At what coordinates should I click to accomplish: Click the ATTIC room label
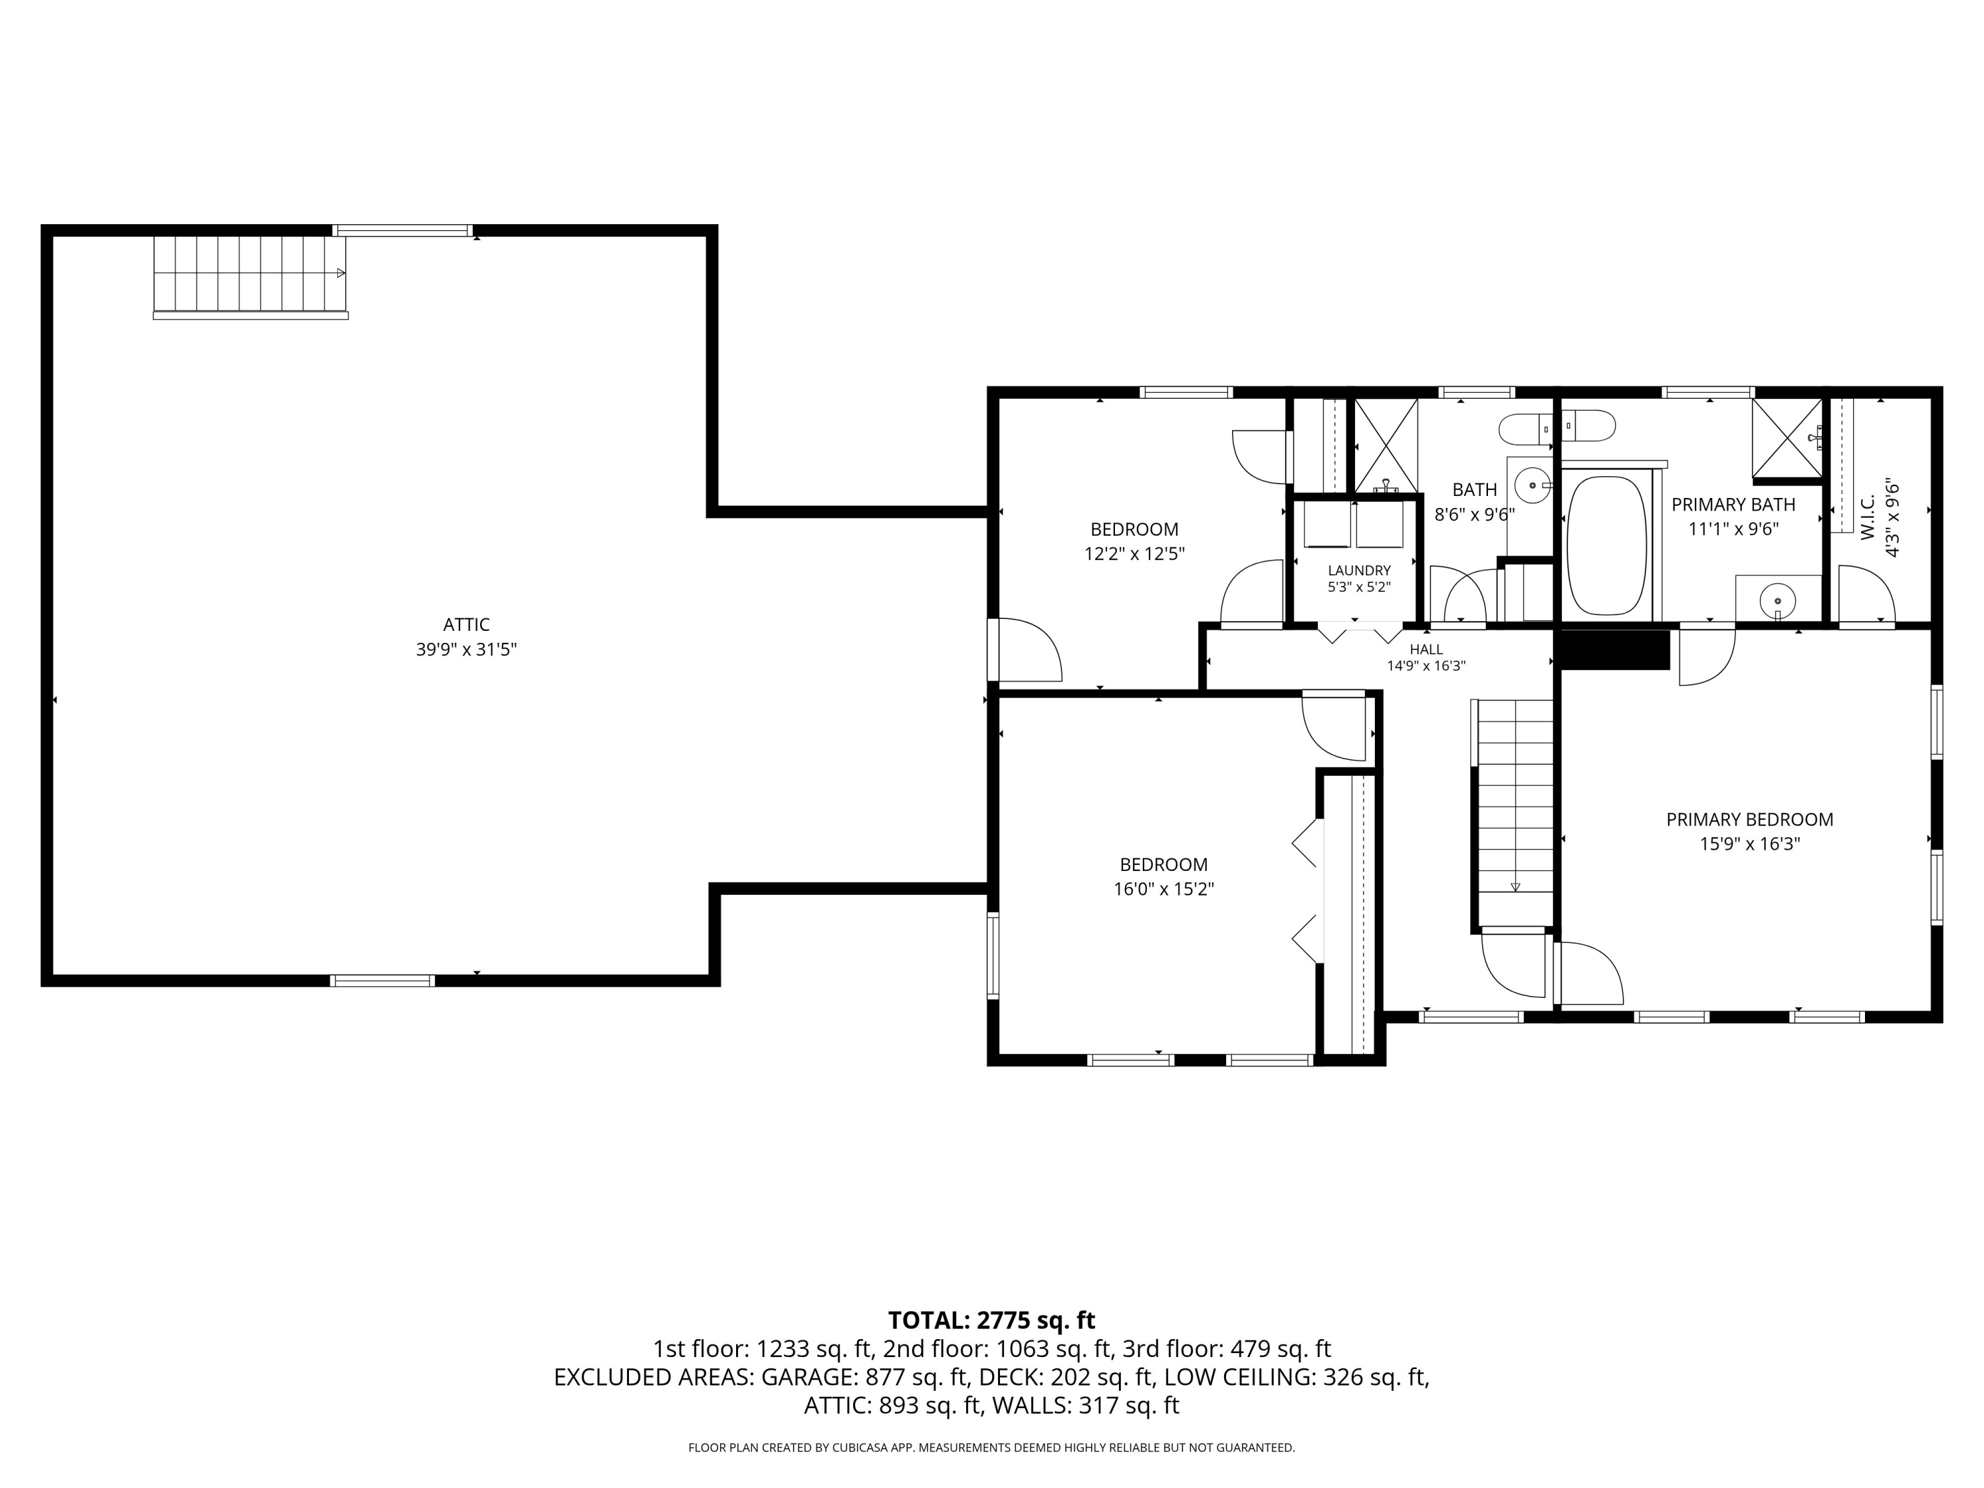pos(466,624)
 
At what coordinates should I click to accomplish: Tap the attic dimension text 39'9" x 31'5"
pos(466,649)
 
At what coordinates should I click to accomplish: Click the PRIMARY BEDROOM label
pos(1750,819)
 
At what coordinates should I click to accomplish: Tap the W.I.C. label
pos(1868,517)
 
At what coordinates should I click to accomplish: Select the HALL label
pos(1426,649)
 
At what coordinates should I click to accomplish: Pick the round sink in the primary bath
pos(1777,599)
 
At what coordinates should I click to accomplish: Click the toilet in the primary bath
pos(1589,425)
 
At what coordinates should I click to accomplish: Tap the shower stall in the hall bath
pos(1385,446)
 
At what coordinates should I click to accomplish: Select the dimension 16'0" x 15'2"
pos(1163,889)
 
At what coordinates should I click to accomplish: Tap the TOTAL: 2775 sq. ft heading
pos(991,1320)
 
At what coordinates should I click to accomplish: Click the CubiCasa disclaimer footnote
pos(991,1448)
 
